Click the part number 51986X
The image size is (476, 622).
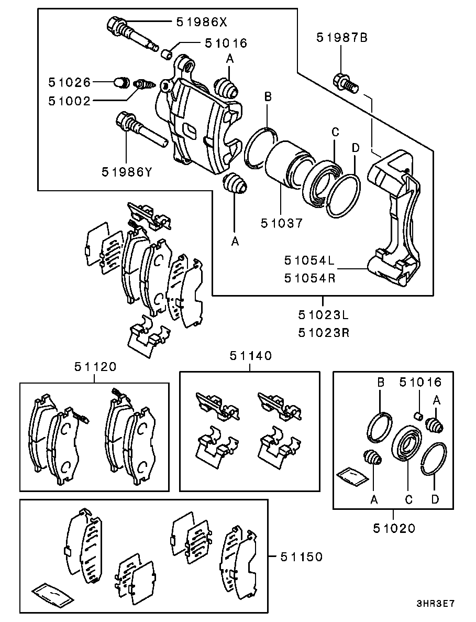click(202, 22)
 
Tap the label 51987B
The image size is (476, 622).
click(342, 38)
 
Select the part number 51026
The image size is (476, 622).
click(70, 82)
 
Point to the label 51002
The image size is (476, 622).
click(70, 101)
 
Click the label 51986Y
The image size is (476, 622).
click(127, 172)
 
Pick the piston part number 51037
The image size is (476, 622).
click(282, 223)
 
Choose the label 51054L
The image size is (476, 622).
click(309, 260)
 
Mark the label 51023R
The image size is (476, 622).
click(324, 332)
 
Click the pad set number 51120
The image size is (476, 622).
click(95, 366)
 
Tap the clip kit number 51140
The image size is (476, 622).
click(251, 355)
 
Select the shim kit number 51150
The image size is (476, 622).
click(302, 557)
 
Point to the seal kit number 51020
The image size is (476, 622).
click(394, 528)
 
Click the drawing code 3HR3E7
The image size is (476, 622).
click(435, 604)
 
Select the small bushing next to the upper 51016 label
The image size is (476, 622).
click(167, 53)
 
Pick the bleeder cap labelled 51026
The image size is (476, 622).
click(121, 82)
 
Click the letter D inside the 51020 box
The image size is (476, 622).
click(435, 499)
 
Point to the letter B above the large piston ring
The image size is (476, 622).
click(268, 96)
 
